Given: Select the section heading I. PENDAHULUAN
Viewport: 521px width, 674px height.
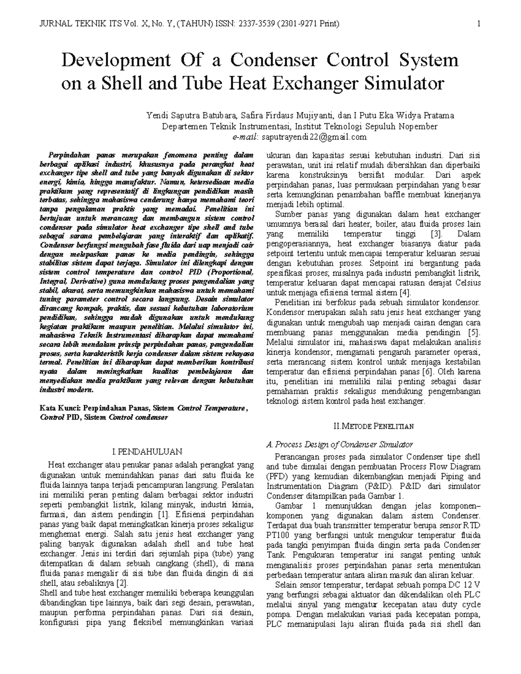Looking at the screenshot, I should point(147,452).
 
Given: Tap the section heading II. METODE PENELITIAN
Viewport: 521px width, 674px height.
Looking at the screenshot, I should point(373,426).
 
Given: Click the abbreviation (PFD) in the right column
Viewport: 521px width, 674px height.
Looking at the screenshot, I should point(276,476).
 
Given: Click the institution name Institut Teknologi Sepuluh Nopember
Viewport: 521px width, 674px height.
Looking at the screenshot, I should point(366,126).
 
